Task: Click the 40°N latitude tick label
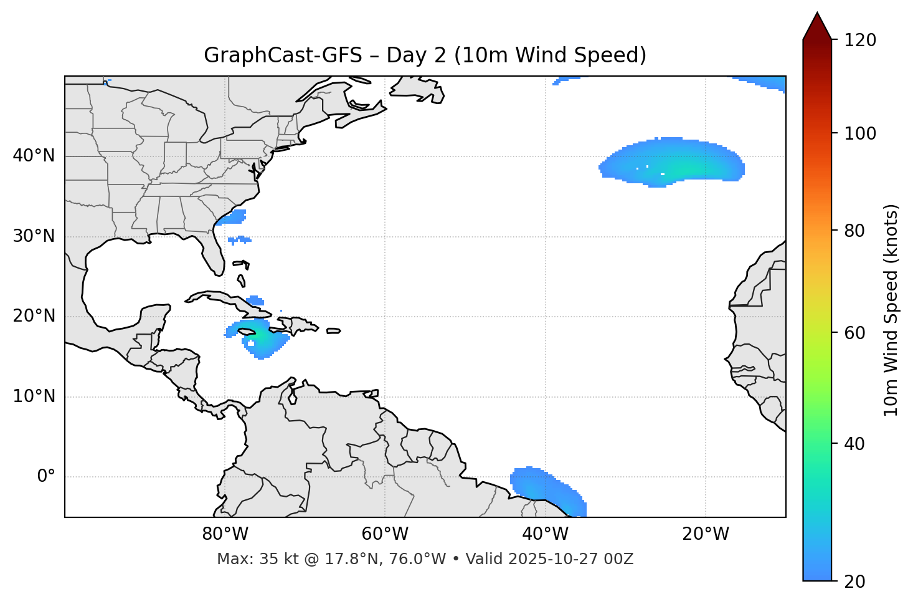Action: pyautogui.click(x=34, y=156)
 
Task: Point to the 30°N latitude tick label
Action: pyautogui.click(x=34, y=236)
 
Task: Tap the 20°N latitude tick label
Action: pyautogui.click(x=34, y=316)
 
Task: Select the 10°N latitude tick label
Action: pyautogui.click(x=34, y=396)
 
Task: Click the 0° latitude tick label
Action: pyautogui.click(x=46, y=477)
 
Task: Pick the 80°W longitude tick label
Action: pyautogui.click(x=225, y=534)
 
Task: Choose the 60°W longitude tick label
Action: pyautogui.click(x=385, y=534)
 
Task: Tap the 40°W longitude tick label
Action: pyautogui.click(x=545, y=534)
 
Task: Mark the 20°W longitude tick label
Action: pyautogui.click(x=705, y=534)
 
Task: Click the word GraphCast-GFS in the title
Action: pyautogui.click(x=283, y=55)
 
